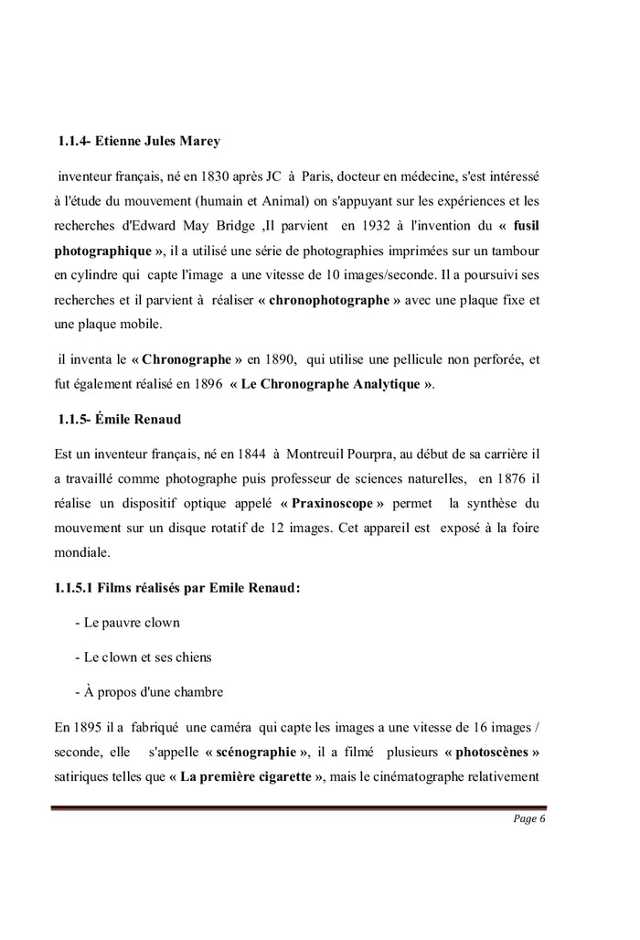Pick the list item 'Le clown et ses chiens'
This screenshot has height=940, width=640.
tap(147, 657)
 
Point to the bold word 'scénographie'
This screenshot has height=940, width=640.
tap(256, 753)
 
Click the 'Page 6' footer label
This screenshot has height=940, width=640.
tap(529, 818)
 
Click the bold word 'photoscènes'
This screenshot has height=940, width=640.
tap(491, 753)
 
